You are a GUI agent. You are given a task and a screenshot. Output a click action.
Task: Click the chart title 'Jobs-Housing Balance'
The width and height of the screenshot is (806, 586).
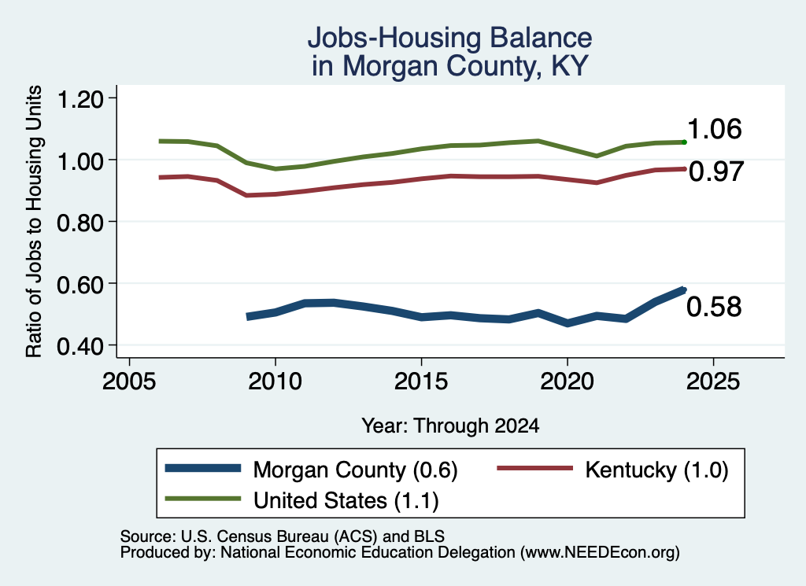[449, 38]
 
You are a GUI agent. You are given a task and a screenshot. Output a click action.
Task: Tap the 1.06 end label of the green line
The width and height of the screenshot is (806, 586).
[714, 129]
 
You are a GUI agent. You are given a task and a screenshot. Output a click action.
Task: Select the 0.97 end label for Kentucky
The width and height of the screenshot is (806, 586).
[716, 171]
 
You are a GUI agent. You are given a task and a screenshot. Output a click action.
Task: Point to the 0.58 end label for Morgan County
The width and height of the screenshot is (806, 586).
[714, 307]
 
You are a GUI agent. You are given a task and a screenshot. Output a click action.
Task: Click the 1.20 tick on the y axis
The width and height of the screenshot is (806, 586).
[80, 99]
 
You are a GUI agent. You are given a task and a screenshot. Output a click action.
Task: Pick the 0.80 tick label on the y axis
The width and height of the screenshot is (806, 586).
[80, 223]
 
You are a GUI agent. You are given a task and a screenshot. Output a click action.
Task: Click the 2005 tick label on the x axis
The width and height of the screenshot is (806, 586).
[129, 381]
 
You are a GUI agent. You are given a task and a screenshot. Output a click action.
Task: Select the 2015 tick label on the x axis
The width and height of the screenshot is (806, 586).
[421, 381]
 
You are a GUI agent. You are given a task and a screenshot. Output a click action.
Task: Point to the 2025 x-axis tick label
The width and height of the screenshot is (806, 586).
[713, 381]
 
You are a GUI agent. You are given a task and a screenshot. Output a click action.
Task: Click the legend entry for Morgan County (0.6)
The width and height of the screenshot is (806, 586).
[311, 470]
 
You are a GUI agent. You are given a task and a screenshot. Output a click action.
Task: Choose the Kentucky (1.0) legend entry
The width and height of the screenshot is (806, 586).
[612, 470]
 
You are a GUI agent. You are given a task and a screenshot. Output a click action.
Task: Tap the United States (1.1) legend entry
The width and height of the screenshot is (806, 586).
[301, 500]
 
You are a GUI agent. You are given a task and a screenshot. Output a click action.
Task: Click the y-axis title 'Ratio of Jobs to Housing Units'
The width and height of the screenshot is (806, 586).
[34, 221]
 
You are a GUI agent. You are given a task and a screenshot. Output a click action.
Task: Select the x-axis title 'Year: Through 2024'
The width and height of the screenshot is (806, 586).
[450, 426]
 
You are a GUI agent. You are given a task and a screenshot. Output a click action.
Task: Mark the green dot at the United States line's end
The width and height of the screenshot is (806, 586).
[684, 142]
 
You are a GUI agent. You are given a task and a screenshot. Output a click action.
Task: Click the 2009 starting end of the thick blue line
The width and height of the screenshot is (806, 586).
[248, 316]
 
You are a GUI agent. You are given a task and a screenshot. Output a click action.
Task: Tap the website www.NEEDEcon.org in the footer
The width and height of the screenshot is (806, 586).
[599, 553]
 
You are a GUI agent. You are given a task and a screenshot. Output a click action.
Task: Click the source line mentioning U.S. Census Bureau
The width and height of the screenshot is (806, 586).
[283, 536]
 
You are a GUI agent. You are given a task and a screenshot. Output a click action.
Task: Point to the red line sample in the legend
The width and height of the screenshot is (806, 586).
[534, 468]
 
